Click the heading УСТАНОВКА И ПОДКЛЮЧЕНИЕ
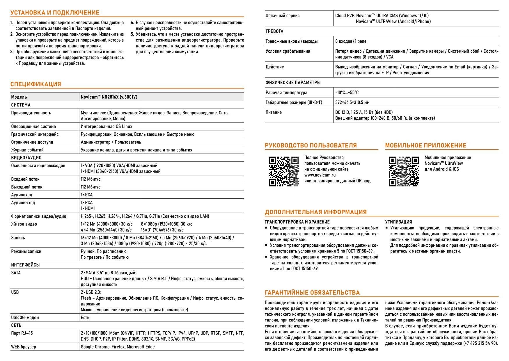click(55, 13)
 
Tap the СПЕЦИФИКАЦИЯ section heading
click(36, 84)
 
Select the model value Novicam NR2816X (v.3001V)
click(109, 97)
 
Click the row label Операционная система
click(33, 127)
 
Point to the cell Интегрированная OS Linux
click(107, 127)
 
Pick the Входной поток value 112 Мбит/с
click(91, 179)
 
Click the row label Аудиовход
click(22, 195)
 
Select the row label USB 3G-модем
click(25, 318)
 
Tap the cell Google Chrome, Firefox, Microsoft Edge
click(118, 347)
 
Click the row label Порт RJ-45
click(22, 333)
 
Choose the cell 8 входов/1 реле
click(351, 41)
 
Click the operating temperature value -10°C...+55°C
click(347, 93)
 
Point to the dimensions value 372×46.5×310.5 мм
click(352, 102)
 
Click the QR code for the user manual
click(283, 171)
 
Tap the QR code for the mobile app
click(404, 171)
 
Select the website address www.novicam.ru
click(320, 175)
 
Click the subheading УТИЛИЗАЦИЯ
click(398, 222)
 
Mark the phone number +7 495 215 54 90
click(480, 343)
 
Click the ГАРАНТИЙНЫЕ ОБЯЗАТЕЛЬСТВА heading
click(312, 293)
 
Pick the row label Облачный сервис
click(282, 16)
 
